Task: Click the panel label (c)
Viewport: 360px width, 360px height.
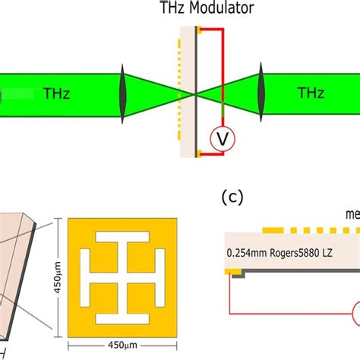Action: click(232, 199)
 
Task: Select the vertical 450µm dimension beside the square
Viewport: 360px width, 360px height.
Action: click(58, 274)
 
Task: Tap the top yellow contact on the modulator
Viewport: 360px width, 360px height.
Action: click(197, 30)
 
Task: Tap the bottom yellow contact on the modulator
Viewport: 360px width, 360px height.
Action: click(197, 155)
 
